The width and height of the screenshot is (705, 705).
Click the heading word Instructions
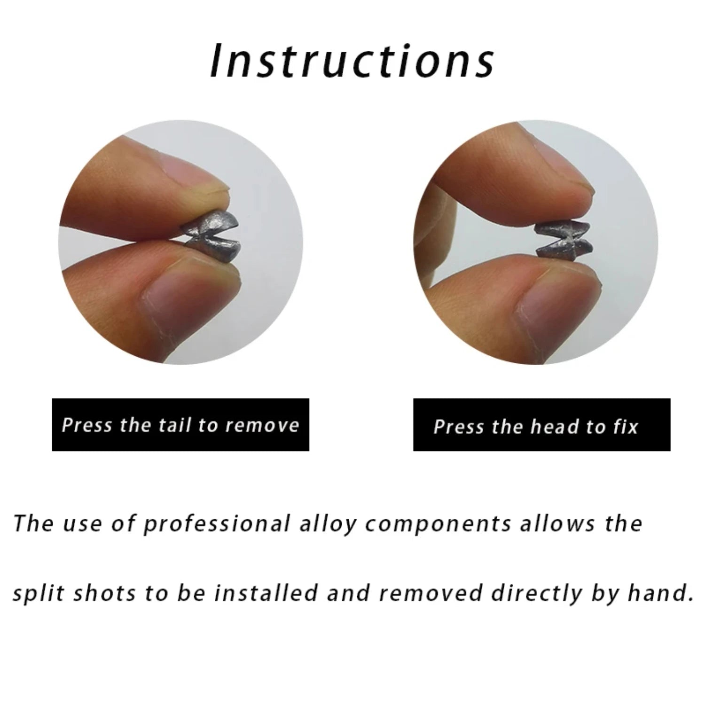[352, 62]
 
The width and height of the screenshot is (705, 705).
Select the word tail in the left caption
[174, 425]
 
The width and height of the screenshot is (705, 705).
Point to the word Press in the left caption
[87, 425]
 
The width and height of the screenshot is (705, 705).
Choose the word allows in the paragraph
[557, 524]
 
